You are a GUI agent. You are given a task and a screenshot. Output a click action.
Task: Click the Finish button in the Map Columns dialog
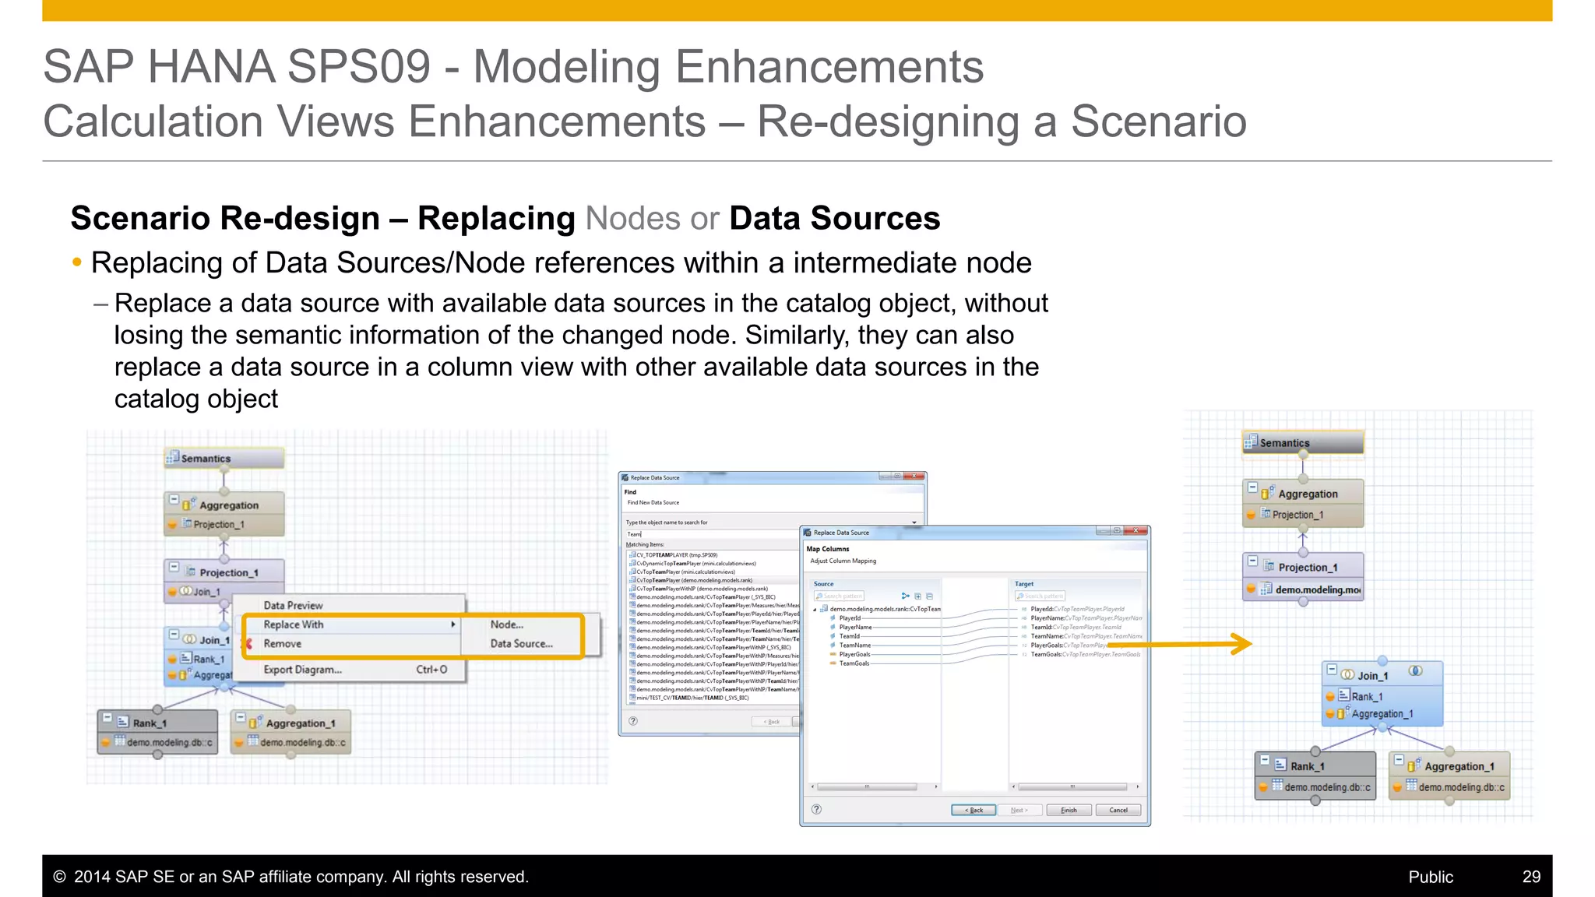pyautogui.click(x=1069, y=810)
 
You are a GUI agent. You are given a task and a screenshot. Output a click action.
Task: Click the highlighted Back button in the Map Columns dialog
pyautogui.click(x=974, y=810)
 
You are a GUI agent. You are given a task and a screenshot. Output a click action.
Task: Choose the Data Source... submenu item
pyautogui.click(x=521, y=644)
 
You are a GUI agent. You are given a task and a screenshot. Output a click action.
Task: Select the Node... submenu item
pyautogui.click(x=507, y=624)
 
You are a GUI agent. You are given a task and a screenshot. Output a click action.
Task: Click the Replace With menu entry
pyautogui.click(x=294, y=624)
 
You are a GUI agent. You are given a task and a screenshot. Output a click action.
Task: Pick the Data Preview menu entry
pyautogui.click(x=293, y=605)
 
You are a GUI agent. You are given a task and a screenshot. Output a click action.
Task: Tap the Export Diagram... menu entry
pyautogui.click(x=302, y=670)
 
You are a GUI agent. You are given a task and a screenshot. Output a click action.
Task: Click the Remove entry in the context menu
pyautogui.click(x=282, y=644)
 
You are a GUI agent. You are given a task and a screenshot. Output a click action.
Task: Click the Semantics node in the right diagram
pyautogui.click(x=1302, y=443)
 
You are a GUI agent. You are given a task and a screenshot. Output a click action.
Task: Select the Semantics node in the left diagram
pyautogui.click(x=224, y=459)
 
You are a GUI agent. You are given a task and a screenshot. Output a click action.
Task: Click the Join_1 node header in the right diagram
pyautogui.click(x=1372, y=675)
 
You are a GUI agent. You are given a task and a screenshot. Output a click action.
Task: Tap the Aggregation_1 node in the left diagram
pyautogui.click(x=300, y=723)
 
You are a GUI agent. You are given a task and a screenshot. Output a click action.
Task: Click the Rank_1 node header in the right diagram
pyautogui.click(x=1307, y=766)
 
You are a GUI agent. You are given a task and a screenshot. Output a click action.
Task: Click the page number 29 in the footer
pyautogui.click(x=1531, y=877)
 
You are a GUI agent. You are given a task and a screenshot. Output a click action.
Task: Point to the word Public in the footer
pyautogui.click(x=1430, y=877)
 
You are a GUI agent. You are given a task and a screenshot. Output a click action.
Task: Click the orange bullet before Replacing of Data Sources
pyautogui.click(x=76, y=263)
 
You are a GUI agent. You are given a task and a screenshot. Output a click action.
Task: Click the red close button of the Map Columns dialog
pyautogui.click(x=1137, y=531)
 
